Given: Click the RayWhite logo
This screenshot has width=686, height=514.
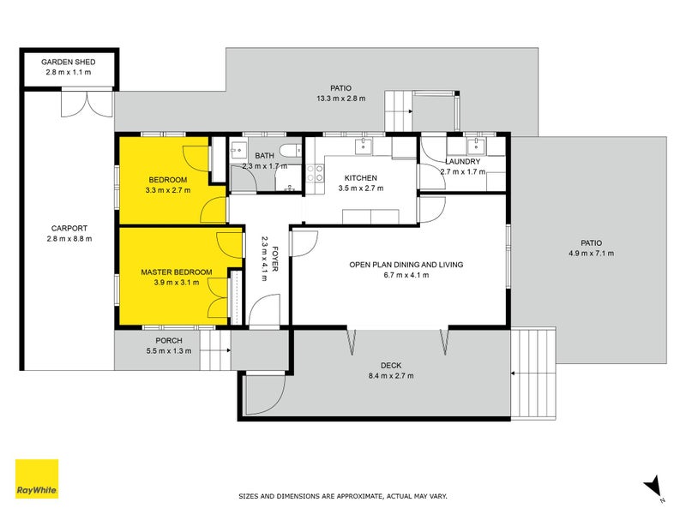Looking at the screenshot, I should coord(37,478).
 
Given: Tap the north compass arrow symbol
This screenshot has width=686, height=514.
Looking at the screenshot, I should coord(654,486).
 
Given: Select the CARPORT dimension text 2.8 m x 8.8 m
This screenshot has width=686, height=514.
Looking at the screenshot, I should coord(69,238).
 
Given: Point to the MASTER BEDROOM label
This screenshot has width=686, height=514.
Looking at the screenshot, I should coord(177,272).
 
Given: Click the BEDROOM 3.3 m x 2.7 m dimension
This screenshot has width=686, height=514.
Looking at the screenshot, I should coord(169,189).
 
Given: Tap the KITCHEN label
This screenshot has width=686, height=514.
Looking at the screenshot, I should coord(358,178).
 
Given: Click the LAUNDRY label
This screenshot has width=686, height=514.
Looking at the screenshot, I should coord(462,161).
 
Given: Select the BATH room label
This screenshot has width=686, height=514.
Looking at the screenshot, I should coord(263,155).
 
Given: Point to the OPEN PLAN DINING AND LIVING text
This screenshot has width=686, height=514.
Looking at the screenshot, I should coord(406,265).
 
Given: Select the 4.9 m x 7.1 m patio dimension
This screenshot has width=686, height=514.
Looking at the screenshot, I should coord(592,254).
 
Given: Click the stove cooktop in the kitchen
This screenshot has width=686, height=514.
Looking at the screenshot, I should coord(315,176).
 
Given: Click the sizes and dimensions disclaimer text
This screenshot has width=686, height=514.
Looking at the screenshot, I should coord(342,496).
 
